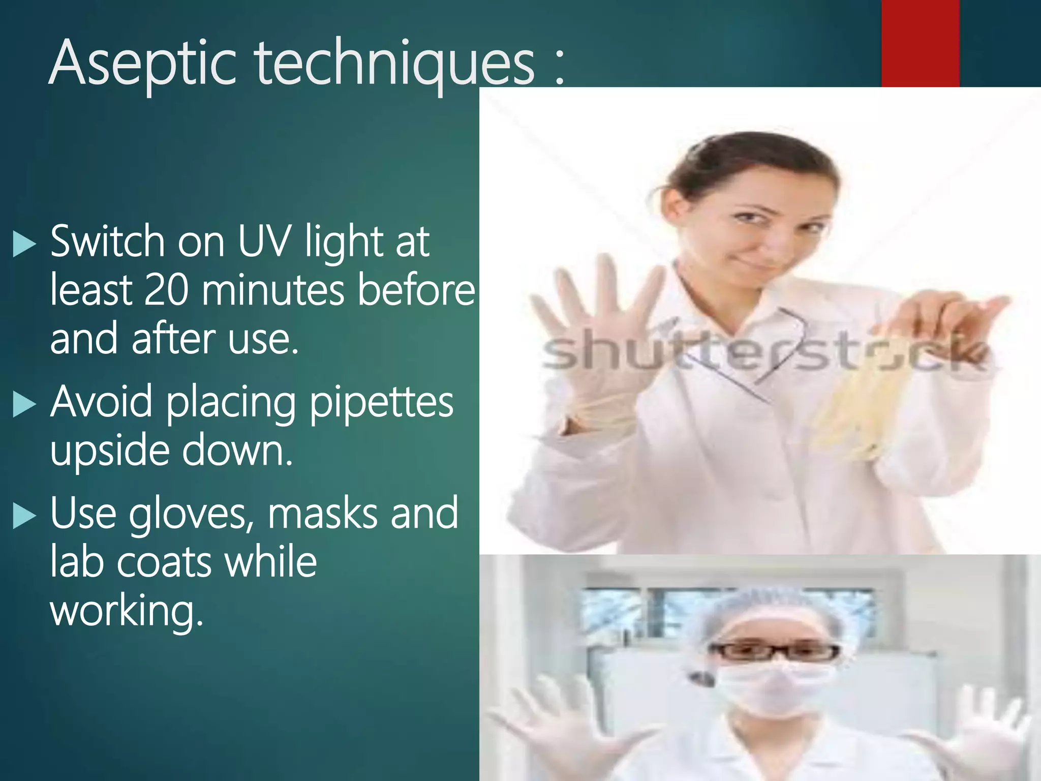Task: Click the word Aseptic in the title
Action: pyautogui.click(x=142, y=64)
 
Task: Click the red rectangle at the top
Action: pyautogui.click(x=920, y=43)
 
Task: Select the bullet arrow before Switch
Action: pyautogui.click(x=24, y=243)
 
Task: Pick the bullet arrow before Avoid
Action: pyautogui.click(x=24, y=404)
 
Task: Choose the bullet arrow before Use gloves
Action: pyautogui.click(x=24, y=516)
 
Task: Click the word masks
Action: pyautogui.click(x=323, y=514)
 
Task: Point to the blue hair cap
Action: pyautogui.click(x=773, y=610)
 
